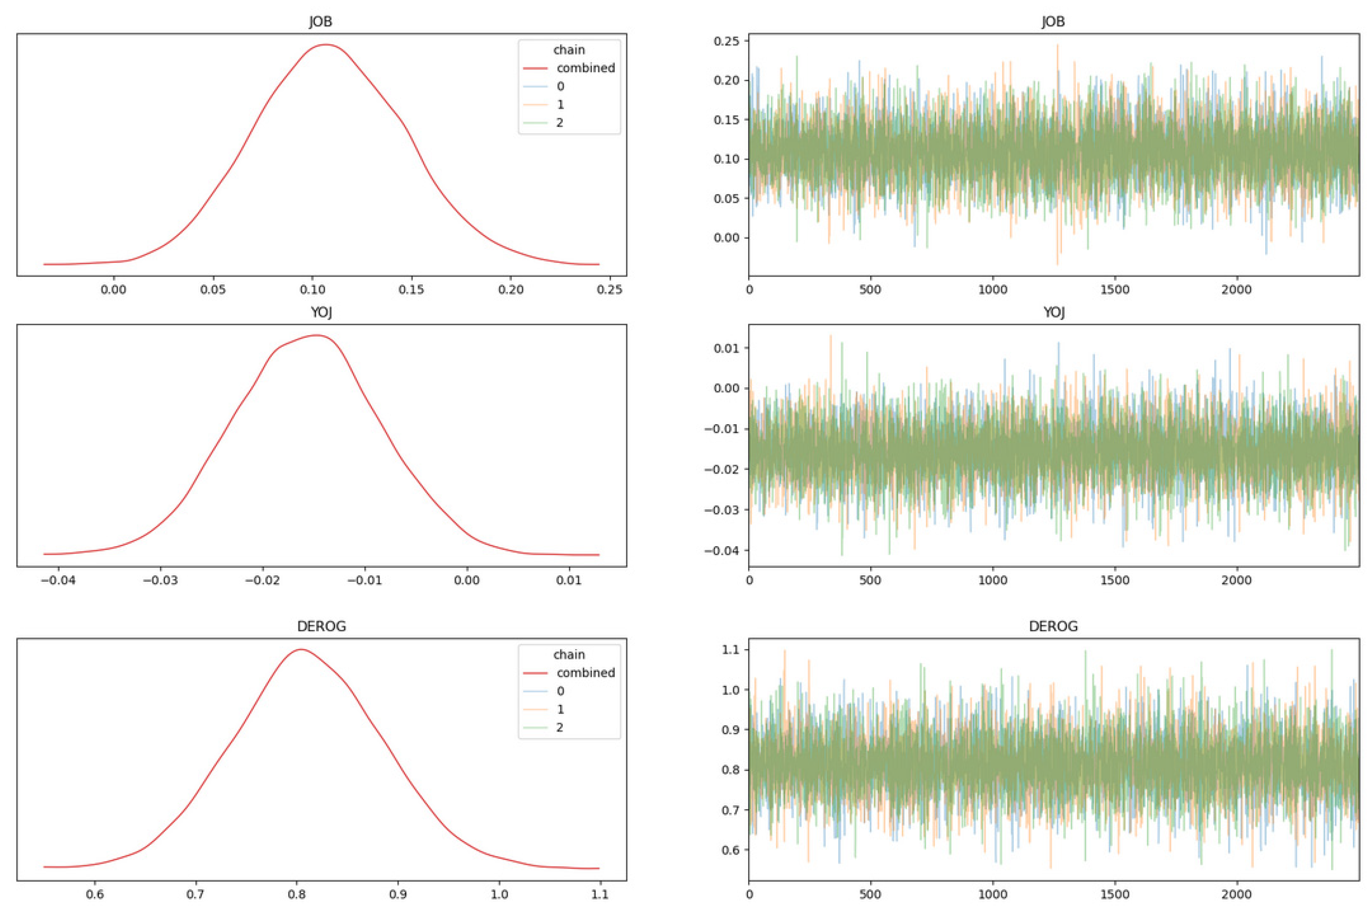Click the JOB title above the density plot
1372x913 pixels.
[x=320, y=22]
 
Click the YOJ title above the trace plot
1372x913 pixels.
[x=1053, y=312]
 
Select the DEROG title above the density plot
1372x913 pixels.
[x=321, y=626]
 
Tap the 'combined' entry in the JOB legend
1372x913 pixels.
[x=585, y=68]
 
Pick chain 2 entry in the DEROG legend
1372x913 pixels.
[x=560, y=727]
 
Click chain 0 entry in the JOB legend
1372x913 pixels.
[x=560, y=86]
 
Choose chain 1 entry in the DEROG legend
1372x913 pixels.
[x=560, y=709]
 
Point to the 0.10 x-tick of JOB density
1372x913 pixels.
[x=313, y=290]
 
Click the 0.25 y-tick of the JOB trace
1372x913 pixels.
[x=726, y=41]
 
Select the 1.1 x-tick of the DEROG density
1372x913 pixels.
[x=599, y=894]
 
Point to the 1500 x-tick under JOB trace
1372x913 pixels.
[x=1115, y=290]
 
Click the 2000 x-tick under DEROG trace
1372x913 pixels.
[x=1236, y=894]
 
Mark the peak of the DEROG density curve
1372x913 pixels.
[x=300, y=649]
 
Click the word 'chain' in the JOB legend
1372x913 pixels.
[x=569, y=50]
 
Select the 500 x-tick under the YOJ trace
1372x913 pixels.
[x=870, y=580]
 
